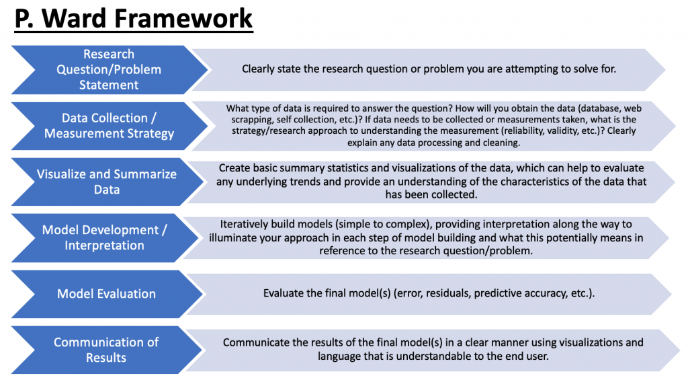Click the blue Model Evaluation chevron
click(107, 294)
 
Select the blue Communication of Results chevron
click(106, 350)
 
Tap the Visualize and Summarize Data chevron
click(107, 182)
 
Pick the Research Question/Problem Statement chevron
click(109, 69)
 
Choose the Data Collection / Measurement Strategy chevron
click(109, 126)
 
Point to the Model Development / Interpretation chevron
click(104, 237)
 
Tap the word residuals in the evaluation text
click(448, 293)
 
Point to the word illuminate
click(230, 238)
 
